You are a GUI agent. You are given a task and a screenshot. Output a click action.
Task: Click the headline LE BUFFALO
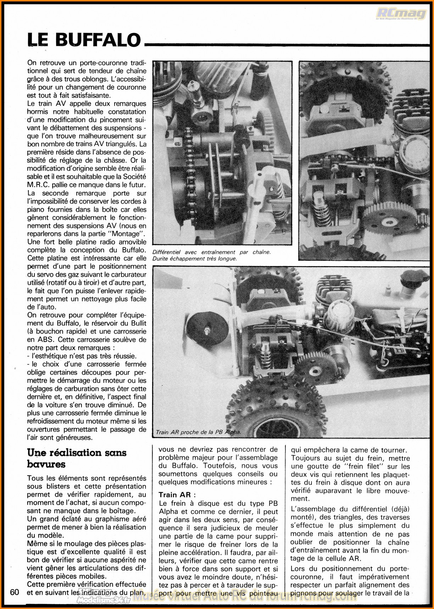[84, 40]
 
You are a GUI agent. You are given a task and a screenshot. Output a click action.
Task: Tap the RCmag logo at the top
[401, 14]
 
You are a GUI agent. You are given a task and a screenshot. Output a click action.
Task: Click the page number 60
[15, 592]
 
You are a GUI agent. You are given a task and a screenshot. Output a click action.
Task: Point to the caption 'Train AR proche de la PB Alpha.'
[198, 432]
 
